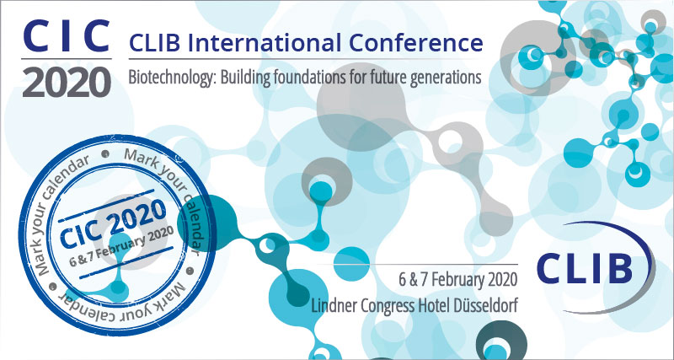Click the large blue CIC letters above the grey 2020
coord(67,36)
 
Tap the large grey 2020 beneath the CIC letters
coord(67,81)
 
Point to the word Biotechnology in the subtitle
coord(172,78)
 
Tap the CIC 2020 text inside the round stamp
coord(113,223)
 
